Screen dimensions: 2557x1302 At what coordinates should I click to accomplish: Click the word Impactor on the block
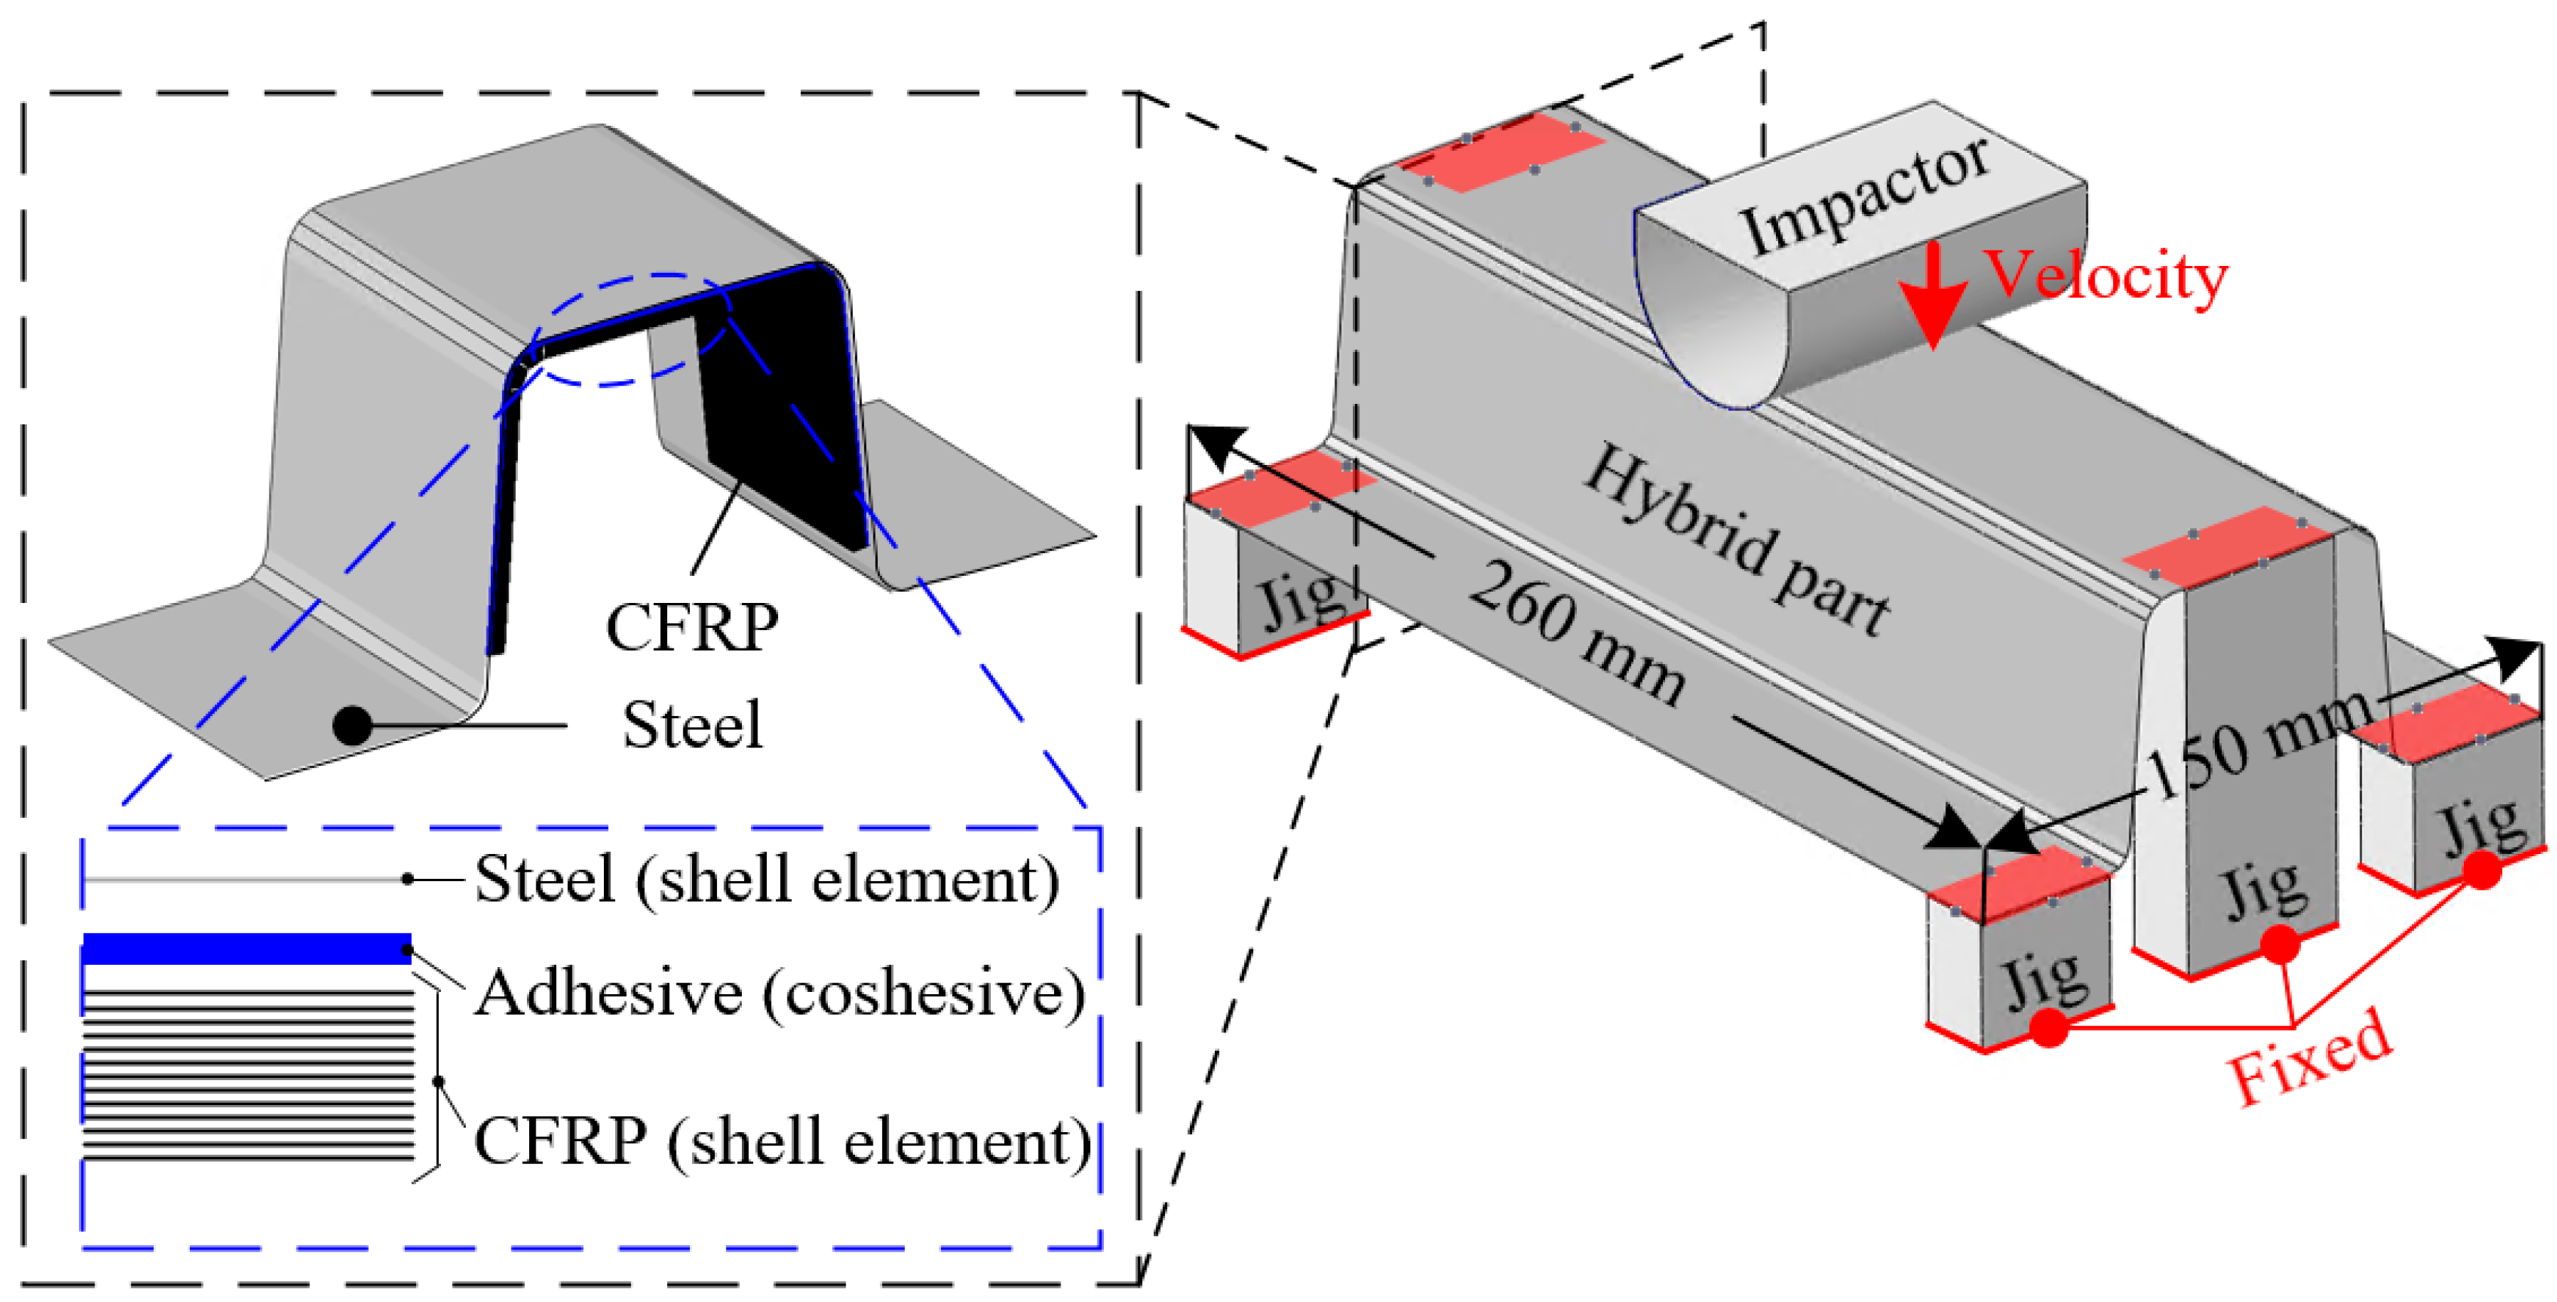pyautogui.click(x=1864, y=195)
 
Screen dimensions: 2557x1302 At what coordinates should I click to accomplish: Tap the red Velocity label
pyautogui.click(x=2105, y=276)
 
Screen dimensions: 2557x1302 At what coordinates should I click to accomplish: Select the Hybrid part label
pyautogui.click(x=1735, y=542)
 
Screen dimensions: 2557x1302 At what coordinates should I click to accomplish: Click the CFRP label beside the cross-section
pyautogui.click(x=692, y=627)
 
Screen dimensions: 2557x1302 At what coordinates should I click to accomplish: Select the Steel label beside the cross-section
pyautogui.click(x=692, y=725)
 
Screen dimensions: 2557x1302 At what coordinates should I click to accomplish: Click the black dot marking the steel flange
pyautogui.click(x=352, y=725)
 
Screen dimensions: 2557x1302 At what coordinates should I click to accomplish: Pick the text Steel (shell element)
pyautogui.click(x=766, y=879)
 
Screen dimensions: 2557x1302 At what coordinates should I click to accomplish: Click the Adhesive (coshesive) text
pyautogui.click(x=780, y=993)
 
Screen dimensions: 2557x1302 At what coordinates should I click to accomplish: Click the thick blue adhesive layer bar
pyautogui.click(x=247, y=949)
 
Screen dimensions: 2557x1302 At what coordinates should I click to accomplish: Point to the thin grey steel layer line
pyautogui.click(x=246, y=879)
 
